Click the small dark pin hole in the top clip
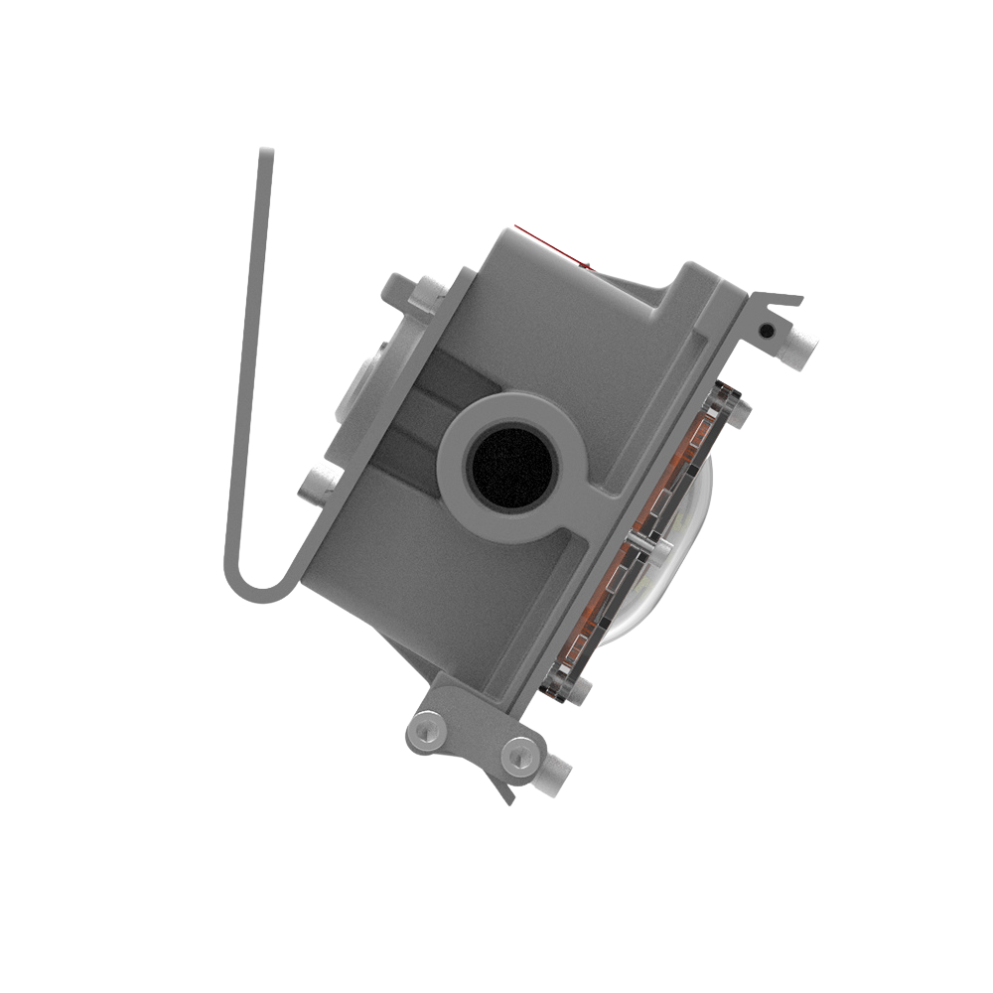tap(767, 329)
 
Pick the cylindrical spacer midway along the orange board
tap(644, 545)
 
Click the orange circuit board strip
tap(655, 526)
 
